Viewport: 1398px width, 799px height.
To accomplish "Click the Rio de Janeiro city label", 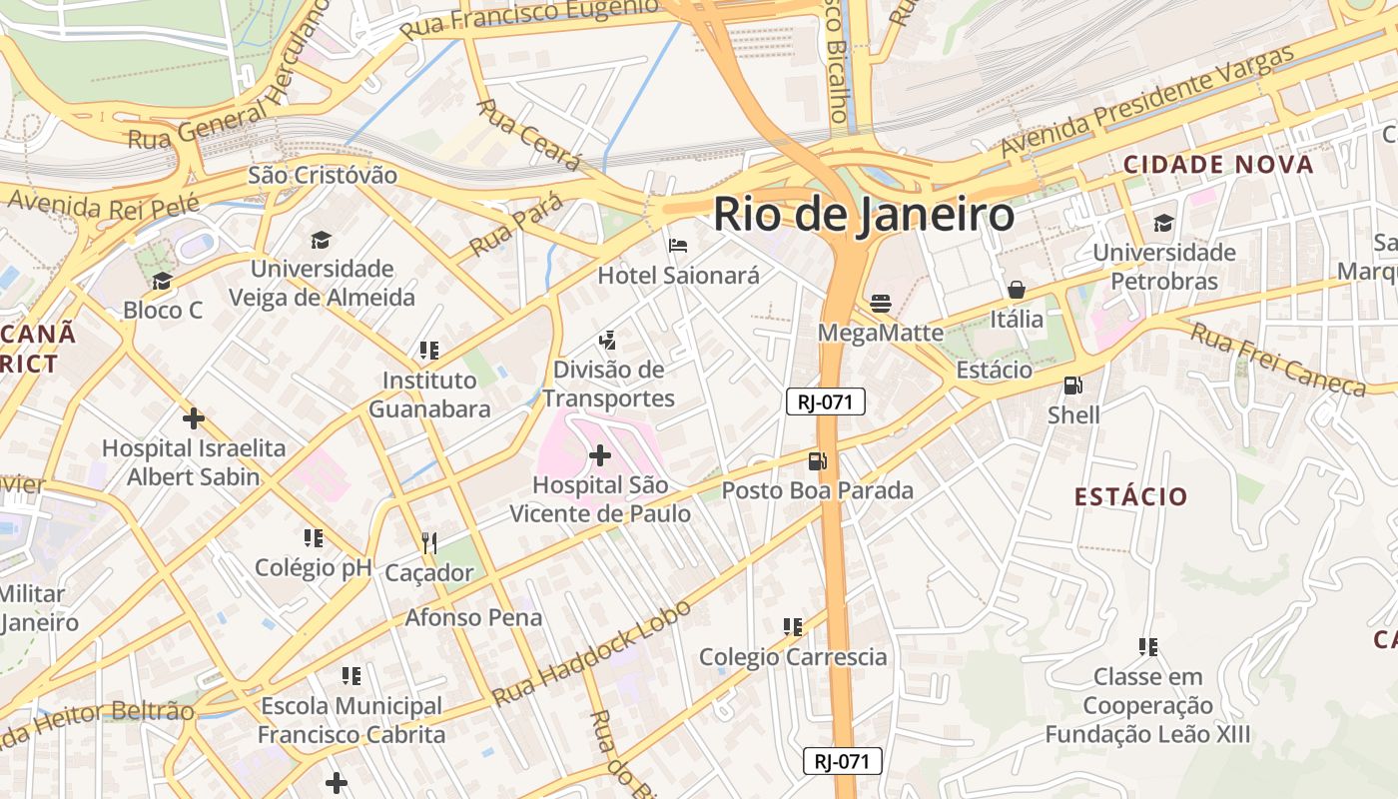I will click(864, 215).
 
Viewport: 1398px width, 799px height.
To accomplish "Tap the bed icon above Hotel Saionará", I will click(678, 245).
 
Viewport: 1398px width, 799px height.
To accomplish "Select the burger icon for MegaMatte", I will click(880, 303).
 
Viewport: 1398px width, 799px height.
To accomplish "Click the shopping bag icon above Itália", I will click(1016, 290).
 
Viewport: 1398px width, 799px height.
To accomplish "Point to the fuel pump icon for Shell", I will click(1073, 385).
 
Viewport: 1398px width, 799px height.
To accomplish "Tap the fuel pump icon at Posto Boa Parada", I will click(817, 460).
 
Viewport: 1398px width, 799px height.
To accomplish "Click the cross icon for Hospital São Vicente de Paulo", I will click(599, 455).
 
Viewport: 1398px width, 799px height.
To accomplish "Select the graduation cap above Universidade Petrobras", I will click(1163, 223).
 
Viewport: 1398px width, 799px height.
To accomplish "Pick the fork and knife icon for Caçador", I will click(429, 542).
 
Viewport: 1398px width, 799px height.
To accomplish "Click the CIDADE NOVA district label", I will click(1218, 165).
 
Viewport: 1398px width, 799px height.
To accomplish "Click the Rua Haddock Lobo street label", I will click(592, 652).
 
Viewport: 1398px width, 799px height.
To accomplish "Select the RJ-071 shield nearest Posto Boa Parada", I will click(825, 401).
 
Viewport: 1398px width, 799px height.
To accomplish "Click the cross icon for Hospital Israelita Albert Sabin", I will click(193, 417).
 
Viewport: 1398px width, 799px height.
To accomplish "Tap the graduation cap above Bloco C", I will click(162, 281).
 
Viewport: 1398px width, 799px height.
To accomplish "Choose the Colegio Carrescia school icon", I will click(792, 626).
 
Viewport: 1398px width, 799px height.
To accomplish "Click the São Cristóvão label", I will click(322, 176).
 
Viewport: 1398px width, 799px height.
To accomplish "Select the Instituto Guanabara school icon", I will click(429, 351).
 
